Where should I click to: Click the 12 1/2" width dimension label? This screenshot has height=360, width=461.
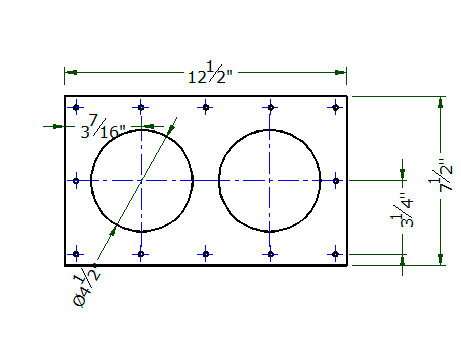tap(210, 72)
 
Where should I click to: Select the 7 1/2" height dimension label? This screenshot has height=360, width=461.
tap(441, 175)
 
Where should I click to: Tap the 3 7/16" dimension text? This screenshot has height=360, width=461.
tap(103, 127)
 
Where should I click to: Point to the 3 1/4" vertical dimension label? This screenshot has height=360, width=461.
tap(402, 210)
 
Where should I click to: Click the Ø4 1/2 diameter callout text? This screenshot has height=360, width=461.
tap(86, 286)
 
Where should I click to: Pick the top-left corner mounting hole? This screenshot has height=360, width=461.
tap(76, 107)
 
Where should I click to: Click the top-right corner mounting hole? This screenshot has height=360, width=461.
tap(336, 107)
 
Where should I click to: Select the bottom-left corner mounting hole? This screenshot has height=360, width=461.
tap(76, 254)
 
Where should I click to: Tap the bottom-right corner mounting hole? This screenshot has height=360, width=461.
tap(336, 254)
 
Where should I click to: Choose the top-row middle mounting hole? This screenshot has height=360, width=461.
tap(206, 107)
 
